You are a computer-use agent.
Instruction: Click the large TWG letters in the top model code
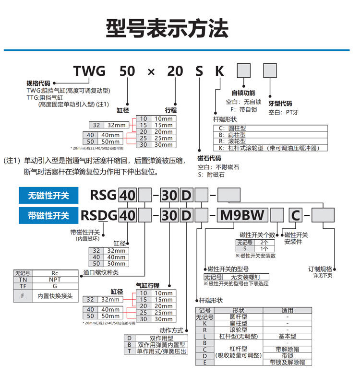(89, 72)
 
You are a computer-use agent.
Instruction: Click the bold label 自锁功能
(243, 93)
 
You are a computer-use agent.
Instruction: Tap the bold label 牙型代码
(280, 103)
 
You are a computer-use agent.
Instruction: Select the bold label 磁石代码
(209, 158)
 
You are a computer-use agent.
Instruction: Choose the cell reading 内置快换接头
(55, 296)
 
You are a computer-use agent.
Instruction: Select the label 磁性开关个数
(258, 235)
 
